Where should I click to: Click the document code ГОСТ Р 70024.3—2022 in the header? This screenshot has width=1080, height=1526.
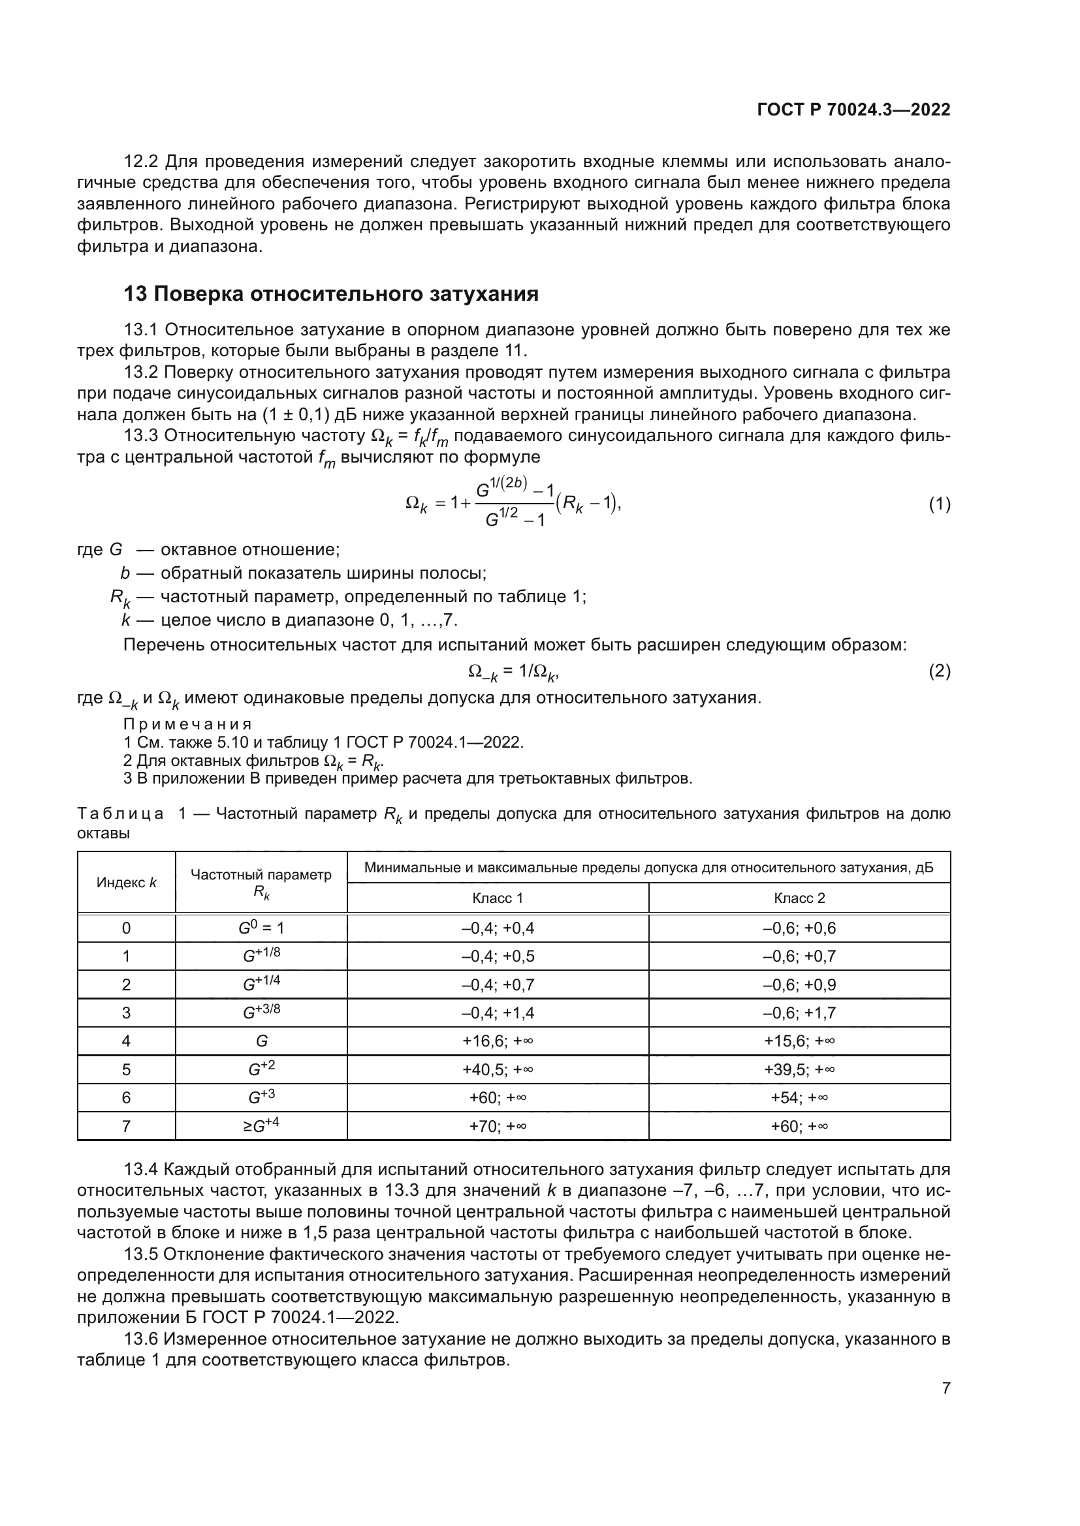coord(854,110)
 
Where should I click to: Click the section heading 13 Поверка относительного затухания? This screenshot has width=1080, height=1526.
coord(330,294)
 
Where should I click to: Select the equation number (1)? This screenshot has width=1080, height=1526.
coord(939,504)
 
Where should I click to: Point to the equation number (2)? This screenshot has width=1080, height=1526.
coord(939,671)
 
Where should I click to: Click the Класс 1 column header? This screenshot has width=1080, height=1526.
coord(497,898)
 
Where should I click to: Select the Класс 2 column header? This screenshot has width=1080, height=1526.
coord(799,898)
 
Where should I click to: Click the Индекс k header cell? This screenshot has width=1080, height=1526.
coord(127,883)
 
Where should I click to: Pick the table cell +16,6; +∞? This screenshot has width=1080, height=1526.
coord(497,1041)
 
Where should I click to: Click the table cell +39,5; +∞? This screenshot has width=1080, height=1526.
coord(799,1069)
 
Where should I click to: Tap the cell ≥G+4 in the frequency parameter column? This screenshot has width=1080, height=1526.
coord(261,1125)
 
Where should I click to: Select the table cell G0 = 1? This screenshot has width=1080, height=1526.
coord(261,928)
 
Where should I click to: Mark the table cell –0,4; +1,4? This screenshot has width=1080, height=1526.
coord(497,1013)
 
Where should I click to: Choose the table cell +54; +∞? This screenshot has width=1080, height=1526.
coord(799,1097)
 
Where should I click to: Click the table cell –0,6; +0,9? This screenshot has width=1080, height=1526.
coord(799,984)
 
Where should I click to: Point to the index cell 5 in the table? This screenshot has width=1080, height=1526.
coord(127,1069)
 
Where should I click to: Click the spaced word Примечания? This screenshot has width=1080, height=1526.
coord(187,724)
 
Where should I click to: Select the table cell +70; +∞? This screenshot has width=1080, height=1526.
coord(497,1126)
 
